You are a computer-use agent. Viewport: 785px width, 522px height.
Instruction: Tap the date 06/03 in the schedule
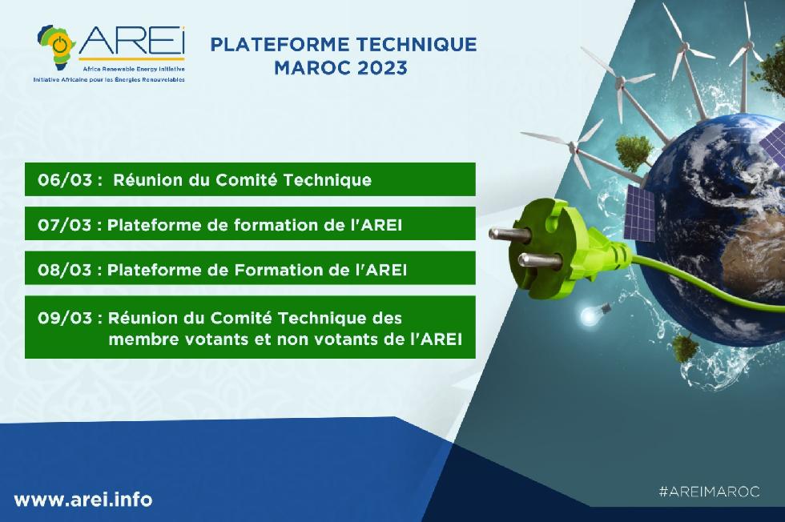point(65,179)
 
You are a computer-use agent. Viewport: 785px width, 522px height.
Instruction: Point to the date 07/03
point(65,225)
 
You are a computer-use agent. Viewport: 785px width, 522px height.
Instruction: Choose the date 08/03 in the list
point(65,270)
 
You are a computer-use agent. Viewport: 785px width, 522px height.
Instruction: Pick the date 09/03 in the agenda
point(65,318)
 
